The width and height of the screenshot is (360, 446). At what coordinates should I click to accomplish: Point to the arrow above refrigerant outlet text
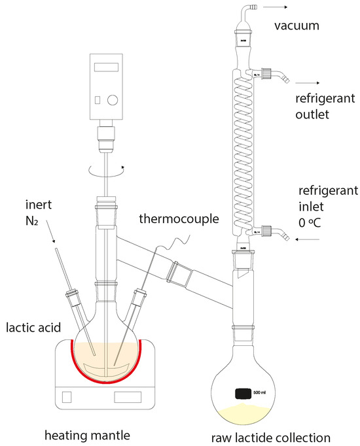[x=308, y=83]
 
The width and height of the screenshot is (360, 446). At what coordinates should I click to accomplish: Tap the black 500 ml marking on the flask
[x=243, y=393]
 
